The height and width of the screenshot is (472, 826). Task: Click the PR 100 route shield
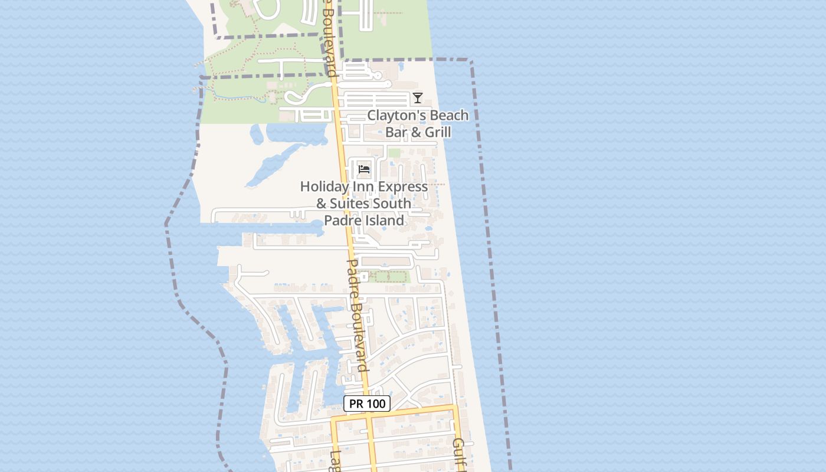tap(367, 404)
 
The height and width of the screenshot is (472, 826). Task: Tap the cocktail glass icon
tap(418, 98)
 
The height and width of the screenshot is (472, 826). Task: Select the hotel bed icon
tap(364, 170)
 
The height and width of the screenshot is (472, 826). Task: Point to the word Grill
tap(438, 132)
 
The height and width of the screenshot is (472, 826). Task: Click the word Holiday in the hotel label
tap(324, 186)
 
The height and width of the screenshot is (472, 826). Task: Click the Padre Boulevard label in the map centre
tap(358, 316)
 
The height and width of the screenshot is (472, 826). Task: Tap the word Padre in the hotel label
tap(341, 221)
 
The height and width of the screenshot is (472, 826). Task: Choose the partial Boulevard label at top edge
tap(329, 38)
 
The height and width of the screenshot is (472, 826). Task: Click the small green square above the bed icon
tap(394, 153)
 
